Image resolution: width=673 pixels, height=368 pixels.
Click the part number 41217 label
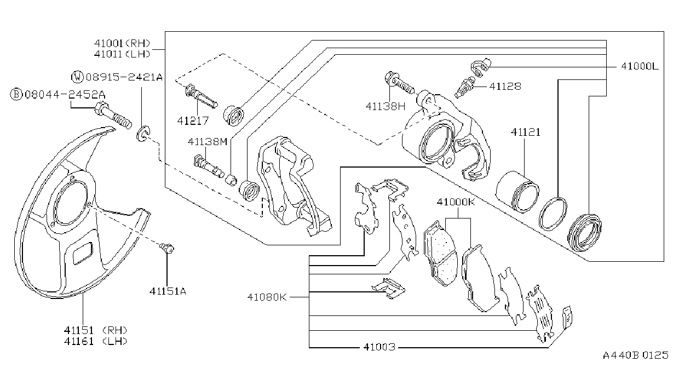point(193,121)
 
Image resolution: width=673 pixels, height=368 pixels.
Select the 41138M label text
point(208,141)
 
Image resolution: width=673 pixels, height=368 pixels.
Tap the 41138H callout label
point(386,106)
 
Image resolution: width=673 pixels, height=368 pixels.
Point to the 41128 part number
point(505,87)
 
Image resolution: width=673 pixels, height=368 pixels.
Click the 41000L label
point(640,66)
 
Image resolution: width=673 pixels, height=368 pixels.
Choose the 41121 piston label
point(526,132)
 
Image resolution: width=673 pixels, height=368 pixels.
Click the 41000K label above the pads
point(456,202)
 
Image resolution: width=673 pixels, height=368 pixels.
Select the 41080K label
point(267,297)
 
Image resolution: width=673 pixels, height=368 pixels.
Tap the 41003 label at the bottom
point(379,347)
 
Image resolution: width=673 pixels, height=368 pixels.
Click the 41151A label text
point(168,291)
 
